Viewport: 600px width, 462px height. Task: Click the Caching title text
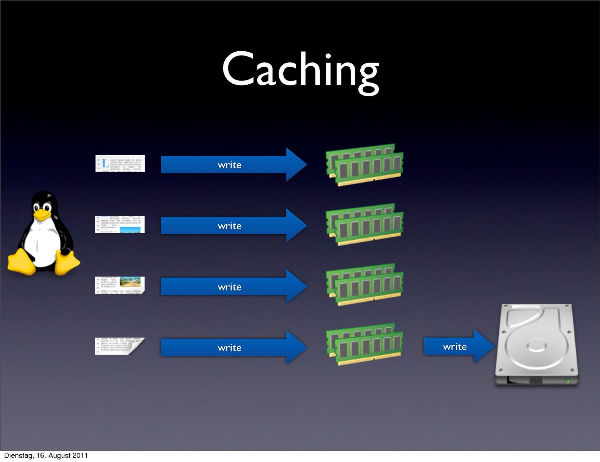pos(301,70)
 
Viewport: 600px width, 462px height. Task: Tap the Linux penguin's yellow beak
pos(42,214)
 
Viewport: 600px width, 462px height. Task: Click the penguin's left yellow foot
pos(21,262)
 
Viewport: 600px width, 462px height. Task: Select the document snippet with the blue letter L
pos(120,163)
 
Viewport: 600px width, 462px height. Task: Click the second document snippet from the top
pos(120,224)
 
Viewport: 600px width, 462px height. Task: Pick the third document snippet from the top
pos(120,285)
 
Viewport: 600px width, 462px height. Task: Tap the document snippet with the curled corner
pos(120,346)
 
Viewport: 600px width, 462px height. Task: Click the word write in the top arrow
pos(230,165)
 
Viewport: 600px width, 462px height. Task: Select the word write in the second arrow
pos(230,226)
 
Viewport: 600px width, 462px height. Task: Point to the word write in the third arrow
pos(230,287)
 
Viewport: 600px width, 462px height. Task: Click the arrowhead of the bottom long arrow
pos(296,347)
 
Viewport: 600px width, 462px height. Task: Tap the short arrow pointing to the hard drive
pos(459,346)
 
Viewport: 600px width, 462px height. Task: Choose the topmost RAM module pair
pos(365,165)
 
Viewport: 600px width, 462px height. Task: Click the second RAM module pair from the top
pos(365,225)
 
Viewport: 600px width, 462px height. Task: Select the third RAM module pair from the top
pos(365,285)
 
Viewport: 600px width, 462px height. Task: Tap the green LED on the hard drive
pos(568,381)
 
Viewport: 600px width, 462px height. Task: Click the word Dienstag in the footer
pos(18,455)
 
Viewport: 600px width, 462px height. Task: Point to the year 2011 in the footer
pos(80,455)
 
